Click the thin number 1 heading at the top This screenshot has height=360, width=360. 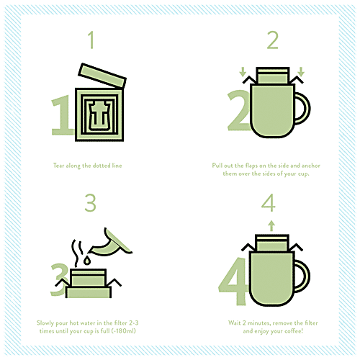91,40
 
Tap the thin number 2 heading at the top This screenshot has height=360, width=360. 273,40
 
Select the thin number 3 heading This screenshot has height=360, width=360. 90,203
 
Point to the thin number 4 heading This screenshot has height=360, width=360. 269,203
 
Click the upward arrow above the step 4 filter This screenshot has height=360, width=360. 271,226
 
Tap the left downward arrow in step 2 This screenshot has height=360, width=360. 243,71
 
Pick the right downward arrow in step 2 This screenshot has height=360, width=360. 301,71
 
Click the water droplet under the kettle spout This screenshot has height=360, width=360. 87,261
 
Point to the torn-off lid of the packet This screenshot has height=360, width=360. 102,76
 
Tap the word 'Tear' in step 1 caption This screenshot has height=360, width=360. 59,166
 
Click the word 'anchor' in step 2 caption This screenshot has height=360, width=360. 310,166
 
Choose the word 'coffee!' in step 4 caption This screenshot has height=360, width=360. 294,331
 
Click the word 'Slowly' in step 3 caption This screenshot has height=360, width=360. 45,323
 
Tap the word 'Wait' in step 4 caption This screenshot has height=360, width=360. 235,323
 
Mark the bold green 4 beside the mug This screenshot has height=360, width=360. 233,282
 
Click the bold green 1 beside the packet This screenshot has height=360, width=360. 62,115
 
